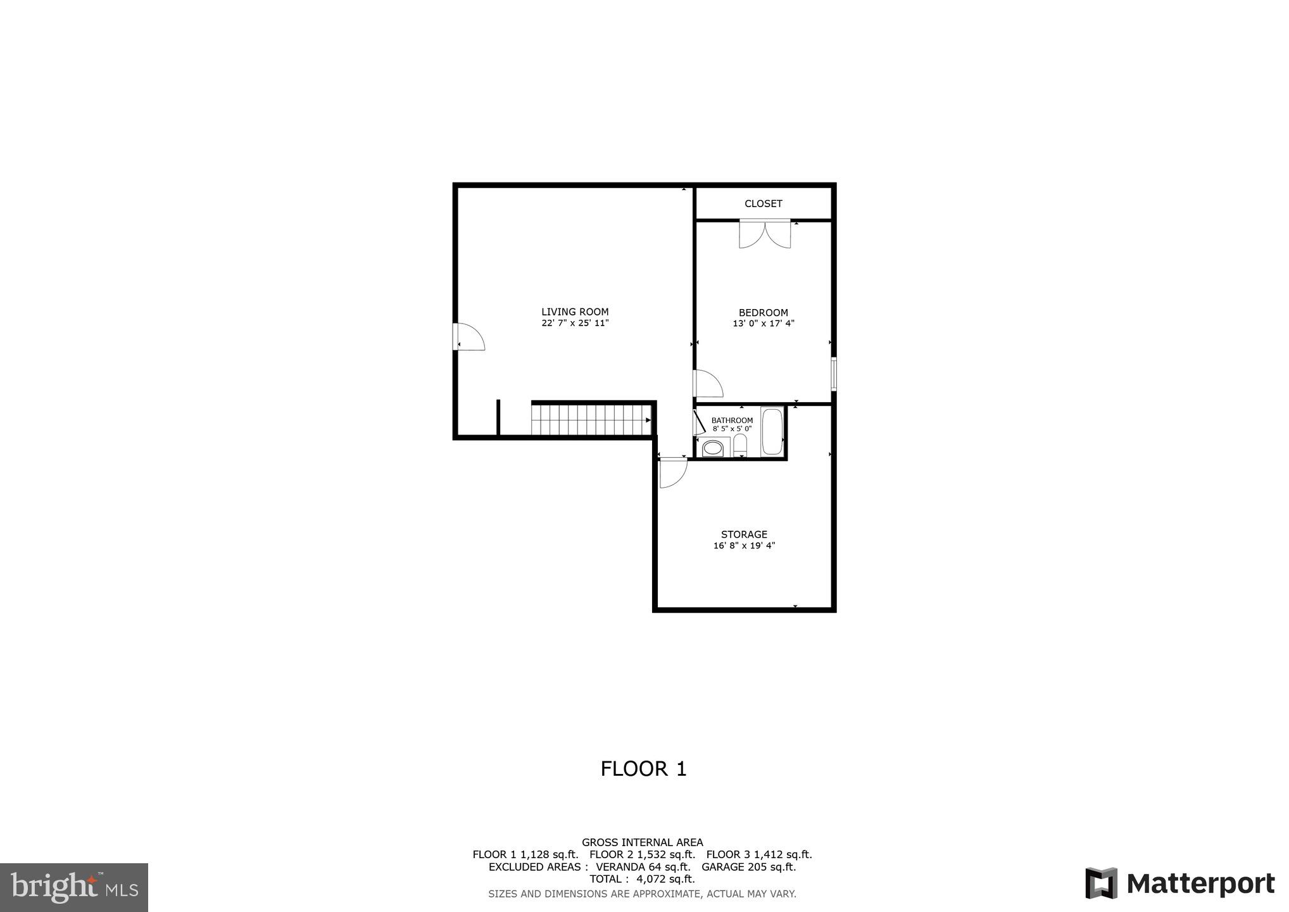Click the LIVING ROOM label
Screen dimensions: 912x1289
(x=575, y=312)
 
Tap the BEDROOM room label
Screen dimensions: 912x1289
(x=763, y=312)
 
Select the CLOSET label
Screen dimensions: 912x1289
(x=763, y=203)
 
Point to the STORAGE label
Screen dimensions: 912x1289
(x=744, y=535)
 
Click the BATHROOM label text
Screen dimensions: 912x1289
(x=732, y=421)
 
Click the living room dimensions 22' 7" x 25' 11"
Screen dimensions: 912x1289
(x=575, y=323)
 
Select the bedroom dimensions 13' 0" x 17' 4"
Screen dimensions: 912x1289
(x=763, y=324)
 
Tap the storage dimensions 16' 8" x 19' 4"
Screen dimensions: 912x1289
(x=744, y=545)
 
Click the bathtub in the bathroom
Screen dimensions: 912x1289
(x=772, y=432)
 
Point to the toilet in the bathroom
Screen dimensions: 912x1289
(x=740, y=446)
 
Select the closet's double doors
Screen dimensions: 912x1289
(x=765, y=234)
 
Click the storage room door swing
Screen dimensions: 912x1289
(x=672, y=472)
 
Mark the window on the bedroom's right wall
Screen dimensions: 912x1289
(x=834, y=374)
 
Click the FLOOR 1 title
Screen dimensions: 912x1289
(x=643, y=769)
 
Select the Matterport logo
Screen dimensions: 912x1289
(x=1179, y=883)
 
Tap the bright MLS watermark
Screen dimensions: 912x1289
(x=74, y=887)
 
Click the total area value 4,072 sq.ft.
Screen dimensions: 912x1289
(x=665, y=879)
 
